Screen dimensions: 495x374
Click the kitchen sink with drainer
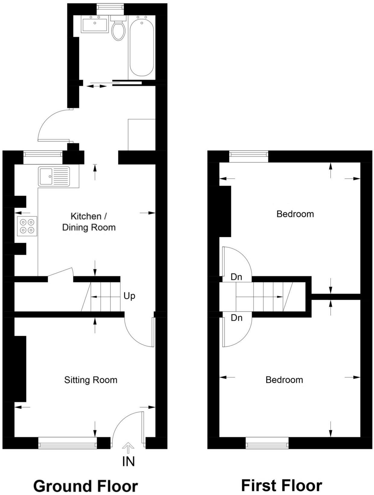pyautogui.click(x=54, y=176)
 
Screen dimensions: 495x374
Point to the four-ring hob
pyautogui.click(x=27, y=226)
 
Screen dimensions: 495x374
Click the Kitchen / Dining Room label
pyautogui.click(x=89, y=222)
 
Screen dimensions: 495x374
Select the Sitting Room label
pyautogui.click(x=90, y=380)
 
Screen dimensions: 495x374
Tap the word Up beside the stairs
pyautogui.click(x=129, y=296)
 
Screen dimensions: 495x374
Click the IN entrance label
pyautogui.click(x=128, y=461)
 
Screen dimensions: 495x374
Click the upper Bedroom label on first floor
pyautogui.click(x=295, y=214)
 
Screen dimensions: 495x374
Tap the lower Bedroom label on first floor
pyautogui.click(x=284, y=380)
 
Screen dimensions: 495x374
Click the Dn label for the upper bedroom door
pyautogui.click(x=236, y=277)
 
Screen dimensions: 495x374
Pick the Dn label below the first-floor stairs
pyautogui.click(x=236, y=318)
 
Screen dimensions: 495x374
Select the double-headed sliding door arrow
pyautogui.click(x=97, y=86)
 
